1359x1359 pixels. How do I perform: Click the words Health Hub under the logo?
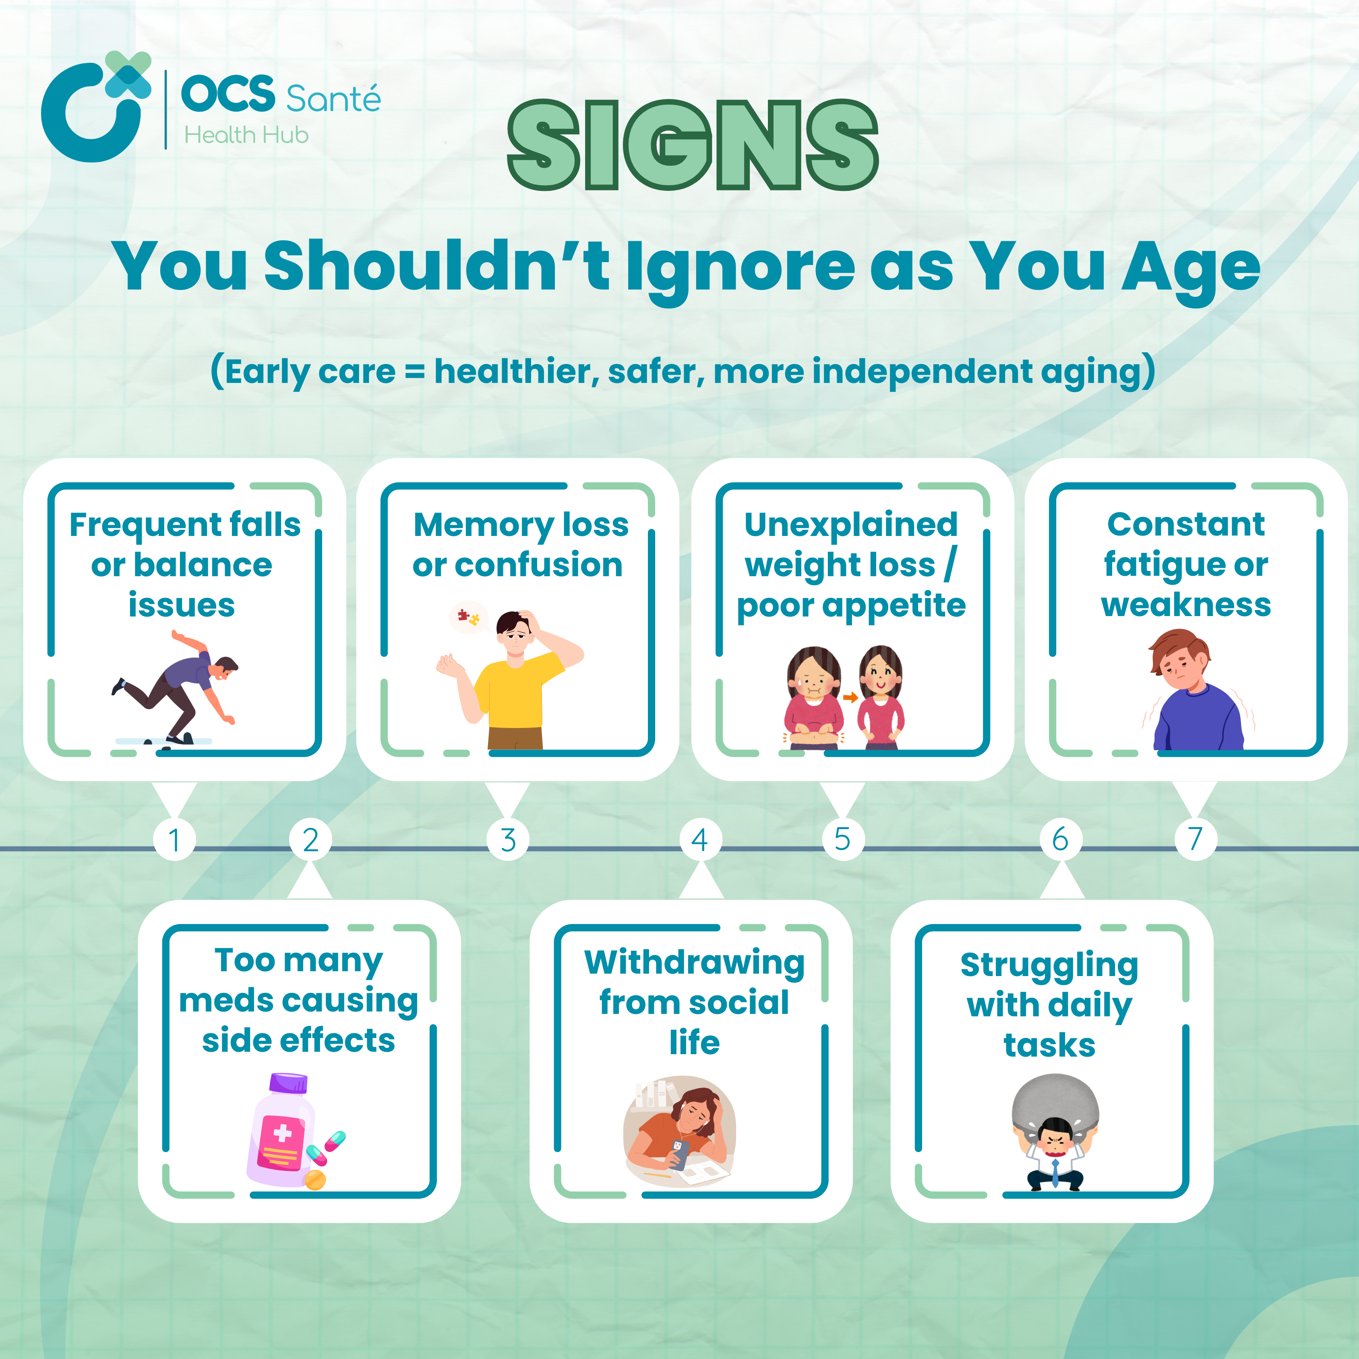tap(246, 134)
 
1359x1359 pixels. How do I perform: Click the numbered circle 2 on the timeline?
tap(310, 839)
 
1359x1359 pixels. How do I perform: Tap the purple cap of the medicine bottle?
tap(288, 1082)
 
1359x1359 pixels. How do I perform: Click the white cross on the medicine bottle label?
tap(282, 1132)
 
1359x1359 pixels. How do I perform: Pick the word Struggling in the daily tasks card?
tap(1049, 965)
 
